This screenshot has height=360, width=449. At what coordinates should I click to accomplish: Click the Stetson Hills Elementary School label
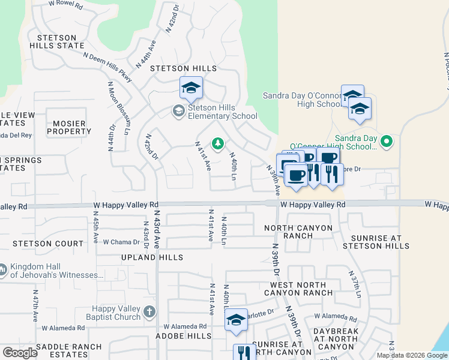tap(223, 112)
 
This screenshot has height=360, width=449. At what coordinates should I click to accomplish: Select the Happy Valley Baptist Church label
tap(112, 312)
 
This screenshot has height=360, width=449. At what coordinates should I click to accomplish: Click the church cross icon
tap(149, 311)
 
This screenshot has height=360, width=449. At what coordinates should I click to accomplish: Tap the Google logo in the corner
tap(20, 353)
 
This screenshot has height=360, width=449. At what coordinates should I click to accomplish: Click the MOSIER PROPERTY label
tap(69, 127)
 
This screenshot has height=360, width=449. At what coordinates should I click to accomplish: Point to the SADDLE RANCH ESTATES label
tap(62, 351)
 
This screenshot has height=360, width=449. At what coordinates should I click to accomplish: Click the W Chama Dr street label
tap(121, 242)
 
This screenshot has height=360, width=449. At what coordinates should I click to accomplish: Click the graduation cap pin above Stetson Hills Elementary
tap(191, 88)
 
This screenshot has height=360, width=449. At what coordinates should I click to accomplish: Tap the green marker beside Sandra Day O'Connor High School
tap(387, 142)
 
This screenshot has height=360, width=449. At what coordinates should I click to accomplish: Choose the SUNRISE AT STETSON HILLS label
tap(376, 242)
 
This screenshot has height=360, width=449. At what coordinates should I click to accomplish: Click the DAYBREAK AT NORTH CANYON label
tap(337, 339)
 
